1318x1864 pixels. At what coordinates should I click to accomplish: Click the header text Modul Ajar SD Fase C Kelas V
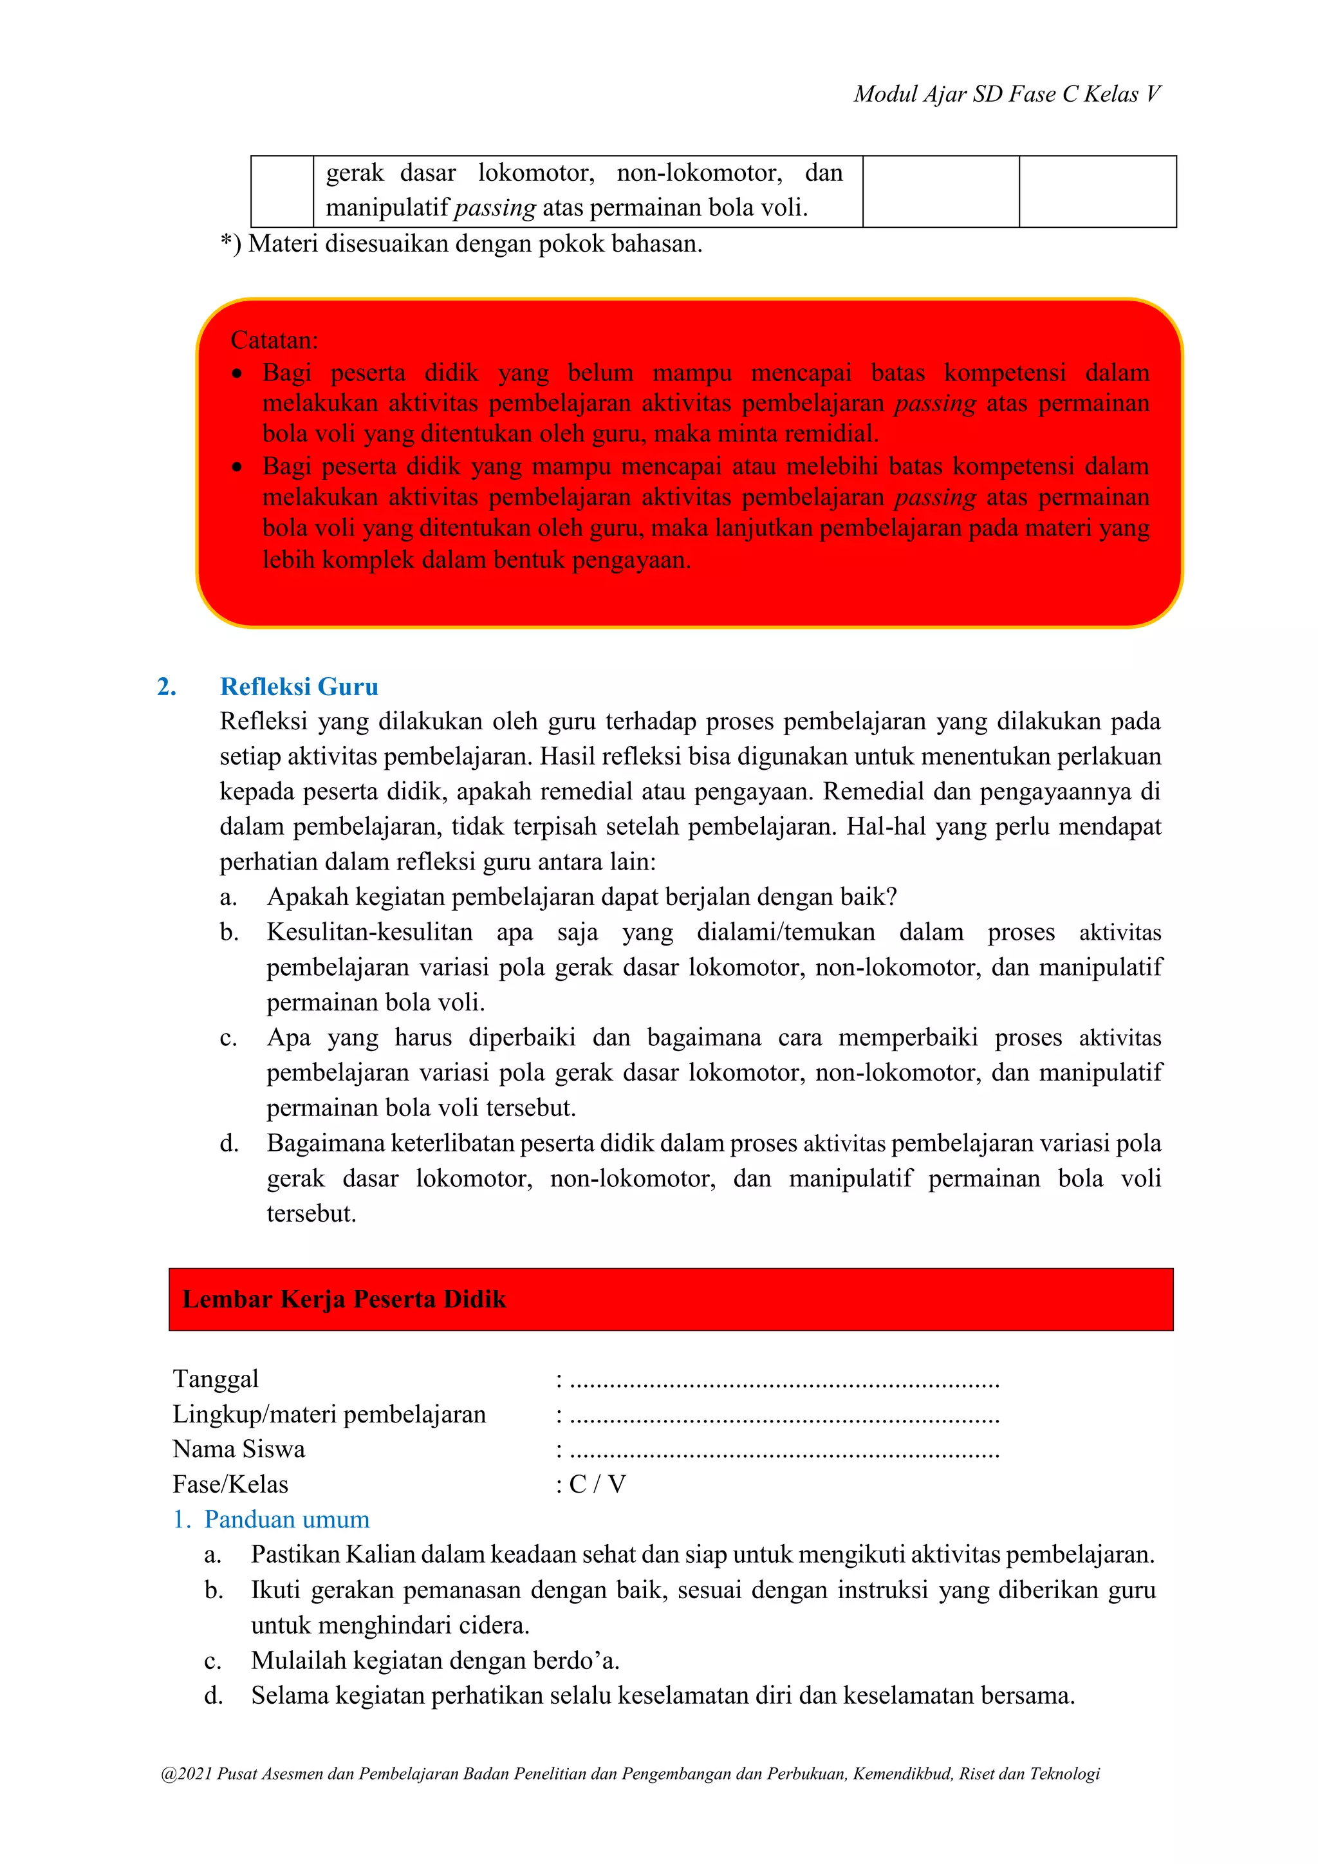click(1007, 94)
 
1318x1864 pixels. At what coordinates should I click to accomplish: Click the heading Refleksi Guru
click(299, 687)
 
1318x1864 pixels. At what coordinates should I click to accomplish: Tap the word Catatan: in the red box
click(274, 339)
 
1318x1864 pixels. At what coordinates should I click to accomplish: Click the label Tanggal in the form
click(215, 1379)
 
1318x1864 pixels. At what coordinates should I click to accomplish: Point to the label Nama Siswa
click(239, 1449)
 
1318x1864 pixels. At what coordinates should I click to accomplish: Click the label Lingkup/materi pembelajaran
click(329, 1414)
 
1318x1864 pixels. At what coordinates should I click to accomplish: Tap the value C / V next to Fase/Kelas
click(597, 1484)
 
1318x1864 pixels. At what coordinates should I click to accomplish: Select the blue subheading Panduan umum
click(286, 1519)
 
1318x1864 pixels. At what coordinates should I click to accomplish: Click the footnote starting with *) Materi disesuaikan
click(461, 243)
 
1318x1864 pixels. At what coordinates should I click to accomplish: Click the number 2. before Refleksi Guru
click(167, 687)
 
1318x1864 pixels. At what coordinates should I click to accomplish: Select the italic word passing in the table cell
click(494, 209)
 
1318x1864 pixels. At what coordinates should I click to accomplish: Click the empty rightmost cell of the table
click(1097, 192)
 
